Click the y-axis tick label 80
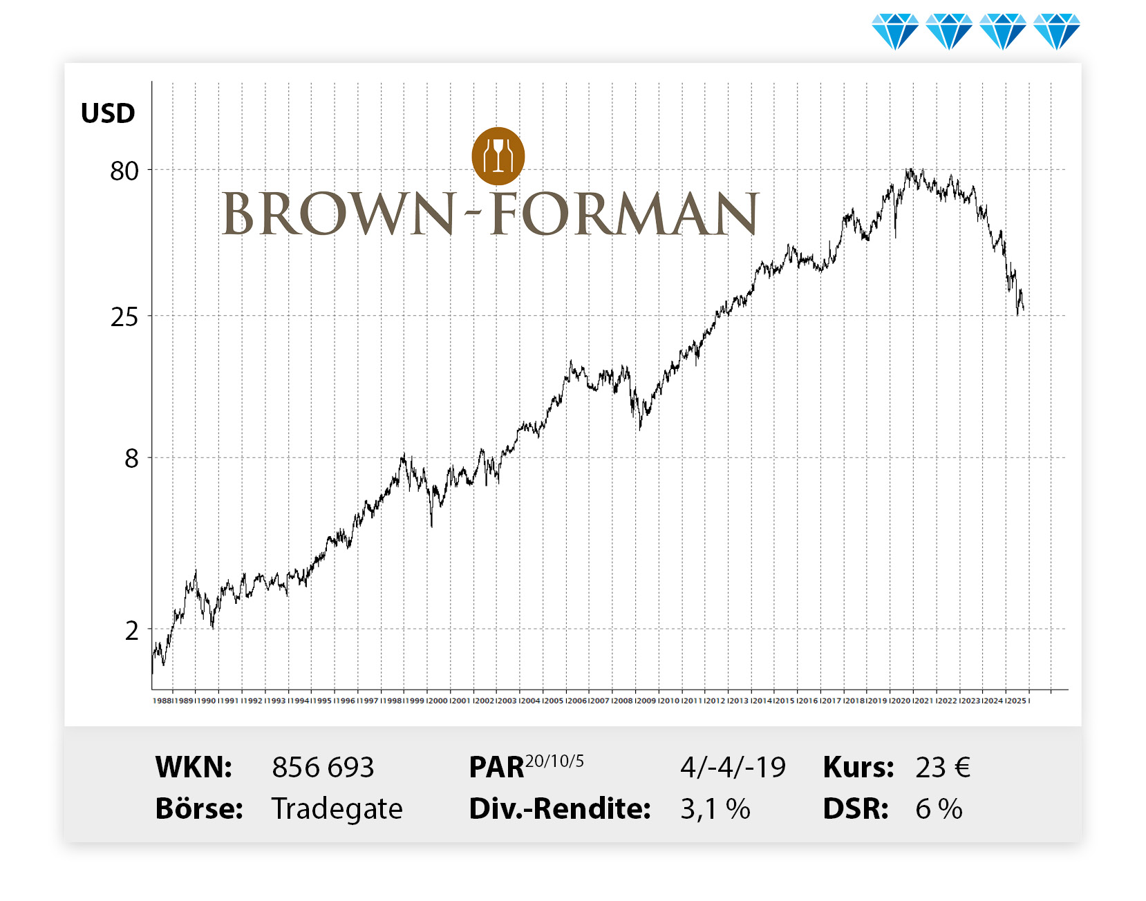pos(124,171)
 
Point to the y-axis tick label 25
pos(124,317)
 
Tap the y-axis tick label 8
pos(131,458)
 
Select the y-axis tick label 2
pos(131,630)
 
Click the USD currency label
pos(108,113)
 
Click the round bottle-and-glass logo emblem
pos(498,156)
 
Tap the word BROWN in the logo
pos(339,214)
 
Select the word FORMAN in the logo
pos(625,214)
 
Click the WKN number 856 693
pos(323,768)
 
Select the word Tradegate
pos(337,809)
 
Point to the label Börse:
pos(199,809)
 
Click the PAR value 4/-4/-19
pos(733,768)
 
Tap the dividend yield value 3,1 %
pos(715,809)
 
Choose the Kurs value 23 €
pos(943,768)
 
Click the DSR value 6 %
pos(939,809)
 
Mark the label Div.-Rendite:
pos(560,809)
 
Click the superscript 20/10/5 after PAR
pos(554,761)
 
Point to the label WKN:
pos(194,768)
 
